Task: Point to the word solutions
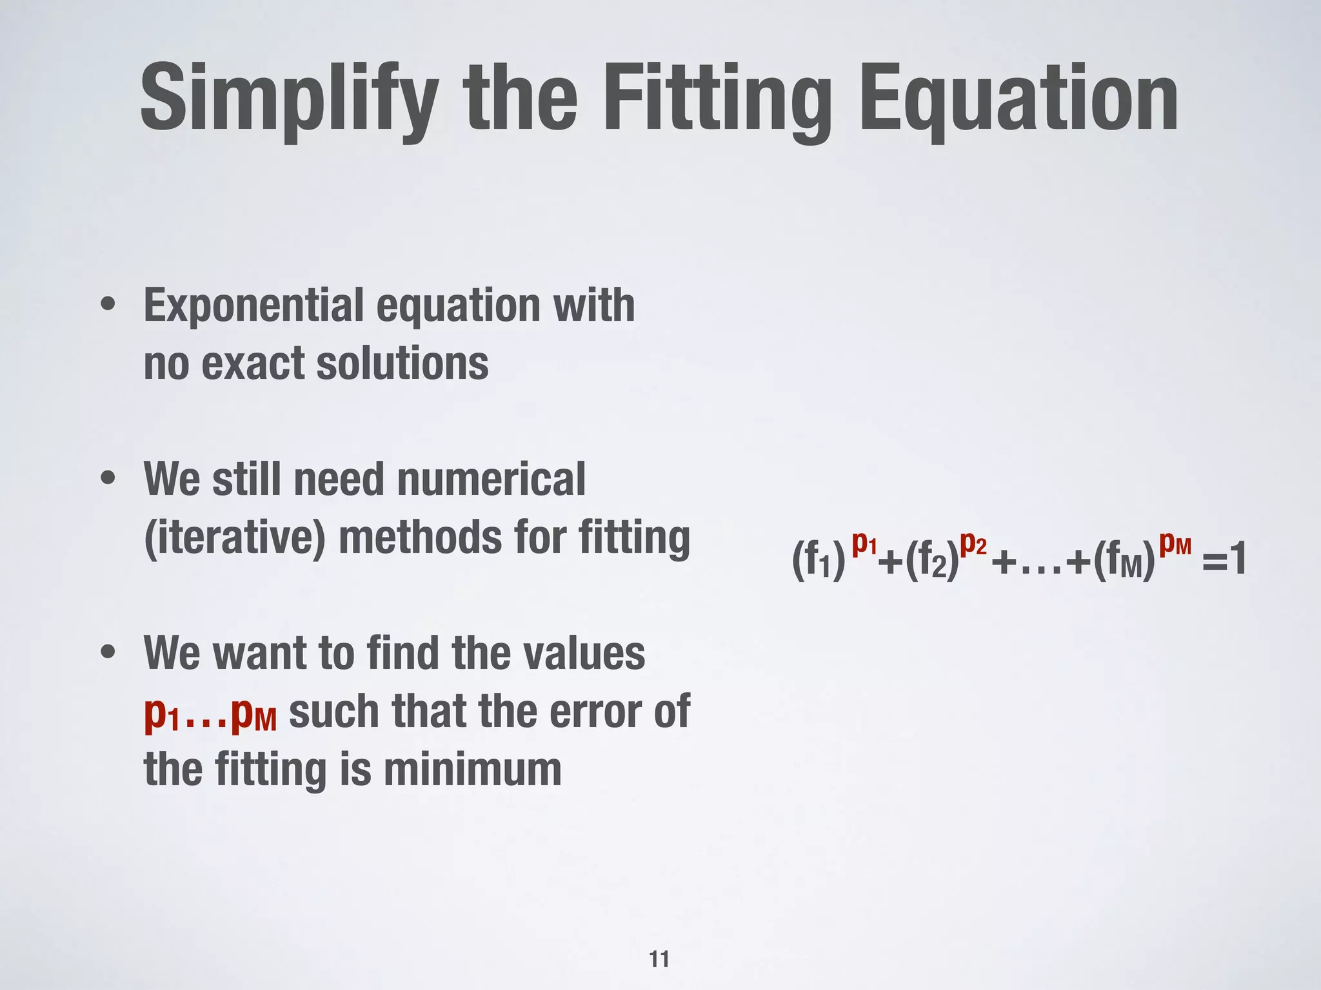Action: (x=402, y=364)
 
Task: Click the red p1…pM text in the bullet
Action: (x=210, y=713)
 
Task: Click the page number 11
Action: (x=659, y=960)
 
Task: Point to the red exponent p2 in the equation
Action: (x=973, y=545)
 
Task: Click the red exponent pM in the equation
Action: (x=1175, y=545)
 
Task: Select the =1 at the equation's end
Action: (x=1224, y=559)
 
